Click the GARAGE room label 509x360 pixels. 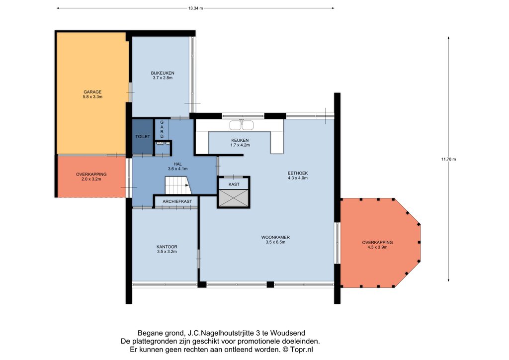(x=92, y=92)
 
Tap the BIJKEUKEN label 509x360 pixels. (x=163, y=73)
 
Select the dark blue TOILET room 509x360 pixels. (x=143, y=137)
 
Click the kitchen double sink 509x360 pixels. (x=241, y=125)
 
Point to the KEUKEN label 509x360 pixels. (x=240, y=140)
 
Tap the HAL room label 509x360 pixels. (x=177, y=164)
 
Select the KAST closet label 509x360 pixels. (x=234, y=184)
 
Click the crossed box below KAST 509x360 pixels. (x=234, y=198)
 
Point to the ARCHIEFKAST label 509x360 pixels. (x=177, y=201)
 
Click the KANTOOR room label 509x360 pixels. (x=167, y=247)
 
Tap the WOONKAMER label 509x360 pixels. (x=275, y=237)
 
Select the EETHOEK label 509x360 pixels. (x=298, y=173)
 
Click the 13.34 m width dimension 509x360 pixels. (x=195, y=8)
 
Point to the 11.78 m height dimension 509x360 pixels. (x=449, y=159)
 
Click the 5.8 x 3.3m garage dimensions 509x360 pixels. (x=92, y=97)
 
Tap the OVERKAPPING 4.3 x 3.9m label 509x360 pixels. (x=377, y=245)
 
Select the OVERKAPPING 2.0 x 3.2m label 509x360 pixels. (x=91, y=177)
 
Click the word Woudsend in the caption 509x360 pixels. (x=288, y=333)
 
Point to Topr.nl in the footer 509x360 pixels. (x=302, y=350)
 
